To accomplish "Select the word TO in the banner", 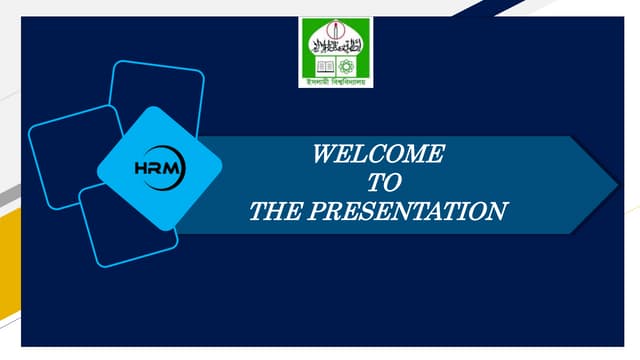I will tap(378, 182).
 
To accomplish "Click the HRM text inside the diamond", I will tap(158, 168).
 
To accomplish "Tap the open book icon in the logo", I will tap(322, 65).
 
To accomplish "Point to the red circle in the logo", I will tap(335, 27).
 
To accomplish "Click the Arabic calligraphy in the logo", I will tap(335, 44).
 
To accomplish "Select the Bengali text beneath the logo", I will tap(335, 82).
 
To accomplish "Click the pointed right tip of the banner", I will tap(612, 184).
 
